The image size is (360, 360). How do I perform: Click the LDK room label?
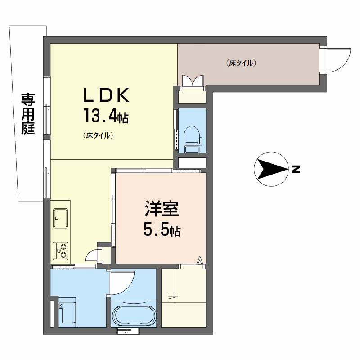105,95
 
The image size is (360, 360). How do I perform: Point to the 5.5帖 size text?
162,230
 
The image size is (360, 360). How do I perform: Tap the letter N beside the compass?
295,170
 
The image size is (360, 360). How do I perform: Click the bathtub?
134,315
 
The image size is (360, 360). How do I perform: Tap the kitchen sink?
60,218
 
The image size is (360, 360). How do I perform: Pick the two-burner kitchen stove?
61,250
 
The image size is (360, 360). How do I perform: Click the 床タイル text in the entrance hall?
241,63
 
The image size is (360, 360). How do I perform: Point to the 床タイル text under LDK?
98,135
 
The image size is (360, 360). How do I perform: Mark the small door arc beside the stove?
92,255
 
